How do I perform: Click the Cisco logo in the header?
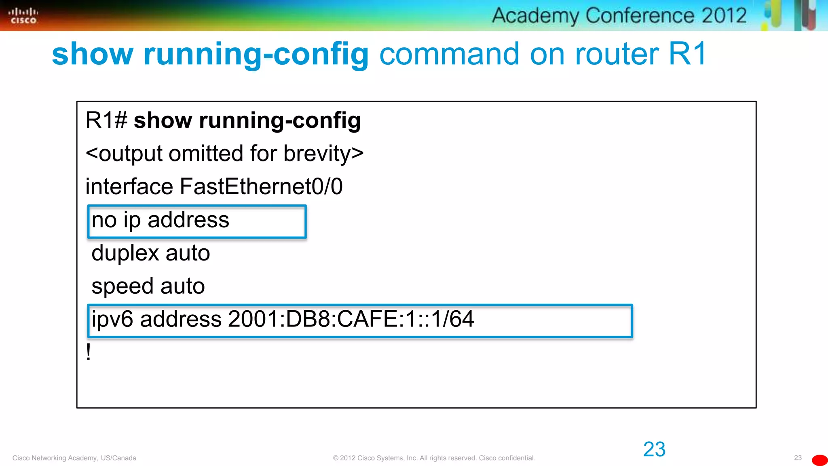click(x=23, y=15)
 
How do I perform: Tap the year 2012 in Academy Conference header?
click(x=724, y=15)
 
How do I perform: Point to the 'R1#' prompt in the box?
click(x=106, y=121)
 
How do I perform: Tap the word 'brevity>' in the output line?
click(x=323, y=154)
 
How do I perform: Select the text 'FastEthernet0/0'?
click(x=261, y=186)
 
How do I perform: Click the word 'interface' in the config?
click(x=129, y=186)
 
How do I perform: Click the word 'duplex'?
click(x=125, y=254)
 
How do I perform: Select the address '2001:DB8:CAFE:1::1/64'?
click(x=351, y=319)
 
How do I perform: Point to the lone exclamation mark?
click(x=89, y=352)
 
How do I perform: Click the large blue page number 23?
click(x=654, y=449)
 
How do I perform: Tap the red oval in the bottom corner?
click(x=820, y=460)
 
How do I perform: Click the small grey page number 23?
click(x=798, y=458)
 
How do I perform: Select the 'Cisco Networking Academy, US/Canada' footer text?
click(x=74, y=458)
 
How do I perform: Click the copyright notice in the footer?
click(x=434, y=458)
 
